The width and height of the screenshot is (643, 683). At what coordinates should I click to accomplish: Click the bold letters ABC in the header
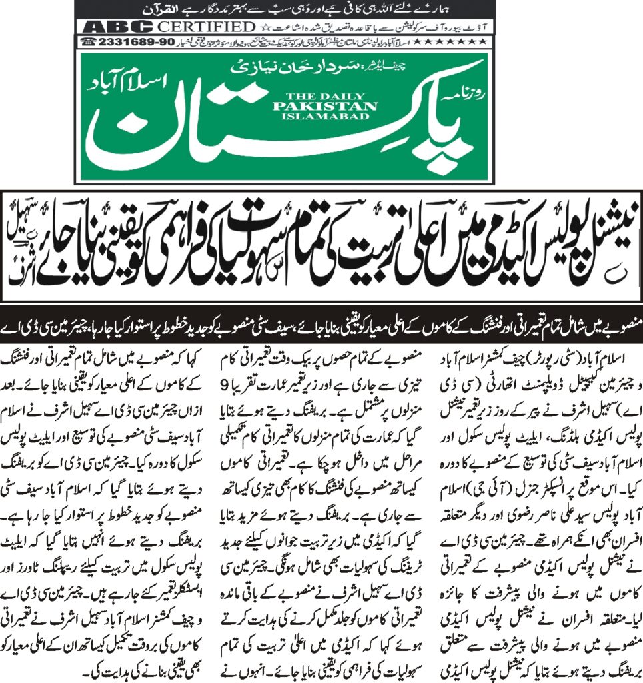click(112, 27)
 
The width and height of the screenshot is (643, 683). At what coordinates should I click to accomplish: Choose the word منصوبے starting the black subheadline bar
click(617, 329)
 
